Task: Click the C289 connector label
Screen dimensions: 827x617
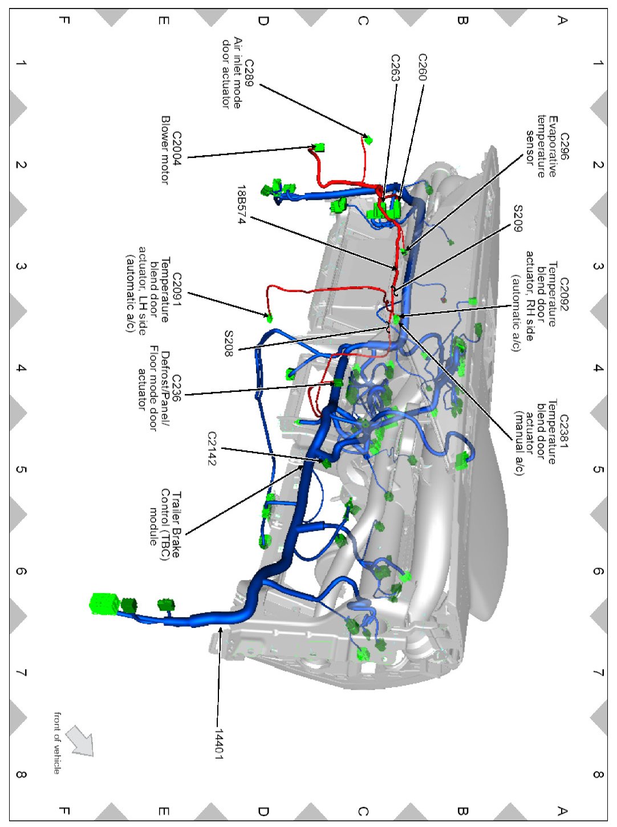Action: (249, 73)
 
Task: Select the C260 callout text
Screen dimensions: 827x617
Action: (423, 67)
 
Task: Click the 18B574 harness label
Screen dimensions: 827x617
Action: (242, 204)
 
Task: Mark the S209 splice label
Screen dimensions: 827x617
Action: (518, 218)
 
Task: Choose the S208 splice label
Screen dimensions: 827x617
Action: (229, 343)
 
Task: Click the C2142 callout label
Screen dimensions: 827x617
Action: (212, 448)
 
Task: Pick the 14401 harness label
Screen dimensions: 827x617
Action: (219, 744)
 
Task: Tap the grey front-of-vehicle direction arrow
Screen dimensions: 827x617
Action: (79, 741)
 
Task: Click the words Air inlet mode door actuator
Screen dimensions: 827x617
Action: (231, 73)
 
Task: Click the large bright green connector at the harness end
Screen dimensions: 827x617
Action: (105, 604)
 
